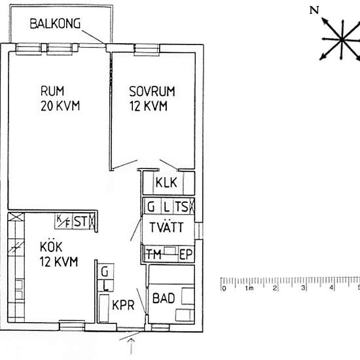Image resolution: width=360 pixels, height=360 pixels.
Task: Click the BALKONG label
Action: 55,24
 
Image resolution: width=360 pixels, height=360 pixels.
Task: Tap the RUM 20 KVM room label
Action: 60,98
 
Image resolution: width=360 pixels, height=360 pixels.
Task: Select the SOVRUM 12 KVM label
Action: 148,98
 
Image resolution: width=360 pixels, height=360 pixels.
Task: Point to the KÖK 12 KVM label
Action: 58,255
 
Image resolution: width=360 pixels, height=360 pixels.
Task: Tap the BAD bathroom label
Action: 163,298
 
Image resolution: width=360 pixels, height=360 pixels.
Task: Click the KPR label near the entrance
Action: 123,305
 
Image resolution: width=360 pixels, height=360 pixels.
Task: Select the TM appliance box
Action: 154,254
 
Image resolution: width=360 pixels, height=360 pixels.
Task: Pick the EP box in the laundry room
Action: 185,254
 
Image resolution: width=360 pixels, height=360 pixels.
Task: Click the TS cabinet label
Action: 183,207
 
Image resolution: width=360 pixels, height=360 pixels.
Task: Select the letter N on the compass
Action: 314,10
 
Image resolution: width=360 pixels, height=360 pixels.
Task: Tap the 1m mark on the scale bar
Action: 249,288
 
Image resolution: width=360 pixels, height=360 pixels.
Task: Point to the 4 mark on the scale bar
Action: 331,288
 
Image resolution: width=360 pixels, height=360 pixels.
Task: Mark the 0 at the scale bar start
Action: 224,288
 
